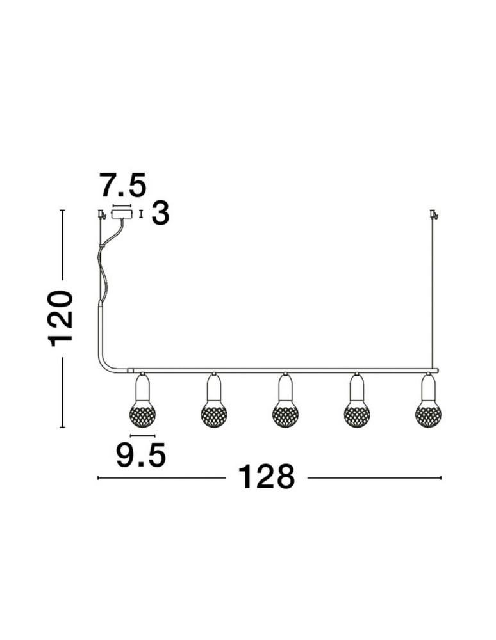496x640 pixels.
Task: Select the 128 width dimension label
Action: [x=266, y=476]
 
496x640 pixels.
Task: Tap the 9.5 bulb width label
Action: [x=141, y=454]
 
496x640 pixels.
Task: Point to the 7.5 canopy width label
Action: [x=122, y=186]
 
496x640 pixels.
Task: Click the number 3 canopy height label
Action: [x=160, y=213]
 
